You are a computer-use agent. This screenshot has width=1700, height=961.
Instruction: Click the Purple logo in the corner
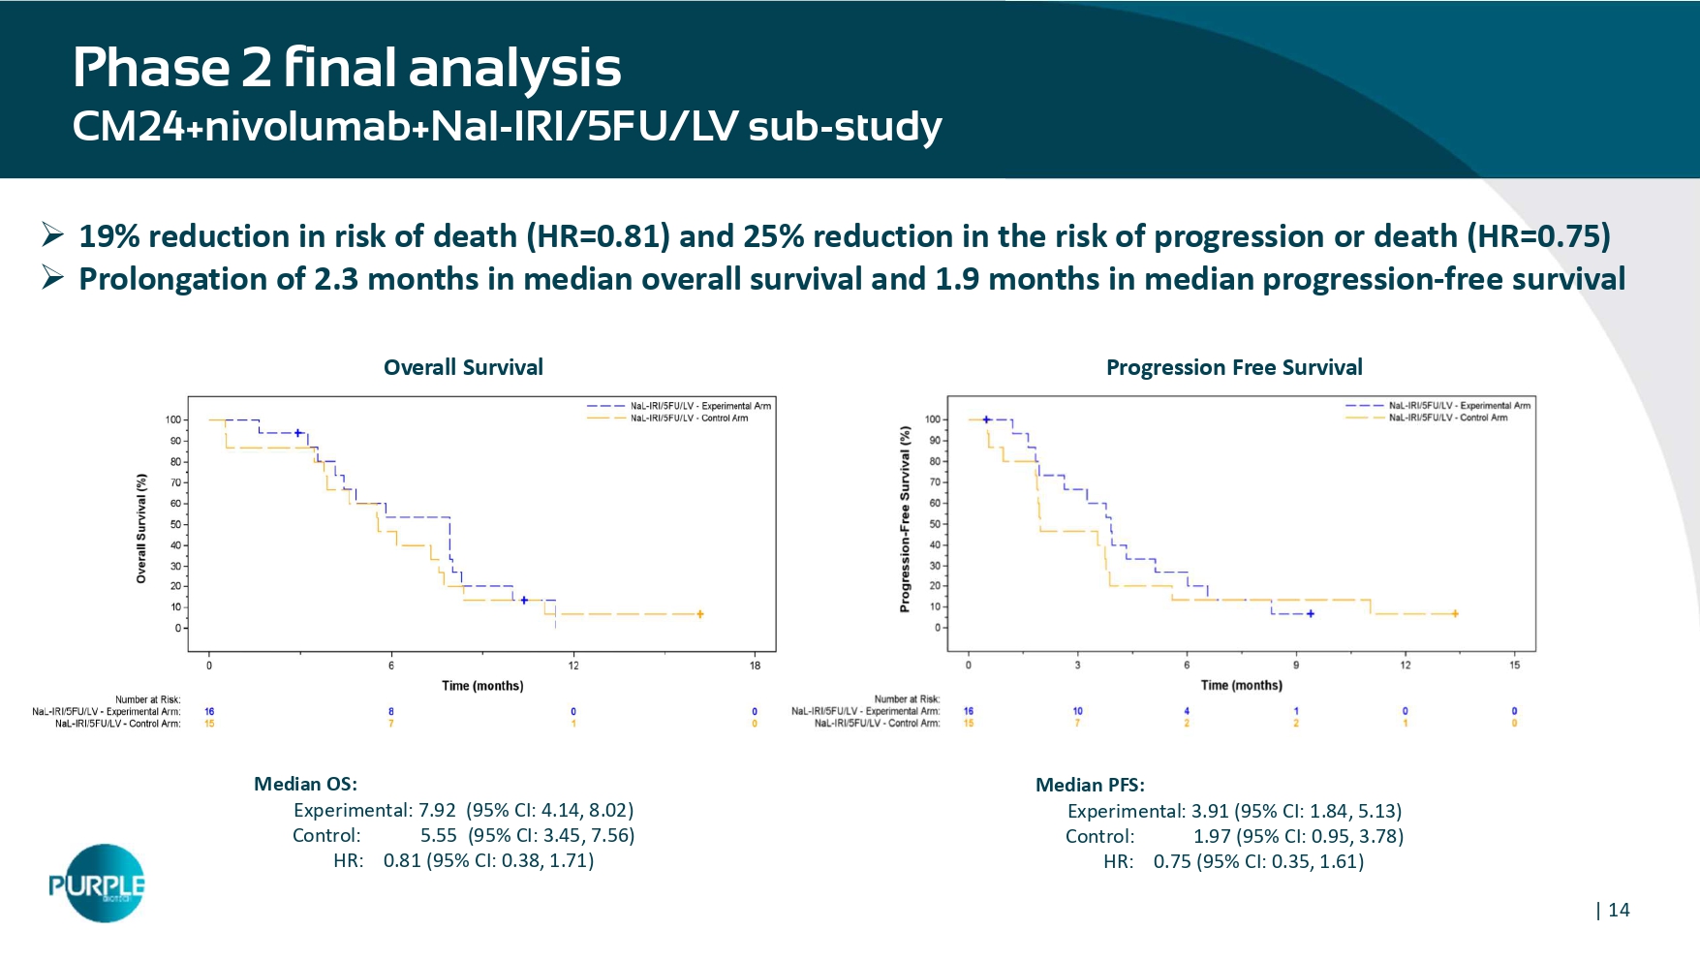tap(99, 883)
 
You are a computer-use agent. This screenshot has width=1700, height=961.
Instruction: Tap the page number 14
tap(1619, 910)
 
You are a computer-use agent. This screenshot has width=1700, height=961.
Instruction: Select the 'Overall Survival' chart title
tap(463, 367)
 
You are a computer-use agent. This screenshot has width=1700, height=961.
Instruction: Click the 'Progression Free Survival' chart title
tap(1234, 367)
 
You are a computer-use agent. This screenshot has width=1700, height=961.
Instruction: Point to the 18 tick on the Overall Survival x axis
tap(756, 665)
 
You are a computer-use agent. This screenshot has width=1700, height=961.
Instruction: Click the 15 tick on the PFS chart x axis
tap(1515, 665)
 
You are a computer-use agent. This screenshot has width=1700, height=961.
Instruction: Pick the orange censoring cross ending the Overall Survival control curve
tap(700, 614)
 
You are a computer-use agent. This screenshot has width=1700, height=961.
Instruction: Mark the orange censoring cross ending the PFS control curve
tap(1455, 613)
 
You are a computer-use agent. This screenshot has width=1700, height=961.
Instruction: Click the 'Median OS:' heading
tap(305, 784)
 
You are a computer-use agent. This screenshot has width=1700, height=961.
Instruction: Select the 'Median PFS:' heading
tap(1090, 785)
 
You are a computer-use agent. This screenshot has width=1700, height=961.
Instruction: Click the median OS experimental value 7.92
tap(437, 810)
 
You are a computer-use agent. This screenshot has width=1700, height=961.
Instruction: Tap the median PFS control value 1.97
tap(1212, 836)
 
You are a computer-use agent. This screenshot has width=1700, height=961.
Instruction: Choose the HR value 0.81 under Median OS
tap(402, 860)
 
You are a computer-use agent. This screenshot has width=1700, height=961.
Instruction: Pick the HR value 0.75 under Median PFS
tap(1172, 861)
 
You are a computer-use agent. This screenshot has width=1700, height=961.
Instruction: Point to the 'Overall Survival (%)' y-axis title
tap(141, 528)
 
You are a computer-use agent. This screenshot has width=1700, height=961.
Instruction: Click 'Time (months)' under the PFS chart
tap(1241, 685)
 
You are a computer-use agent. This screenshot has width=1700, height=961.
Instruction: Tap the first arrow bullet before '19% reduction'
tap(52, 235)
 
